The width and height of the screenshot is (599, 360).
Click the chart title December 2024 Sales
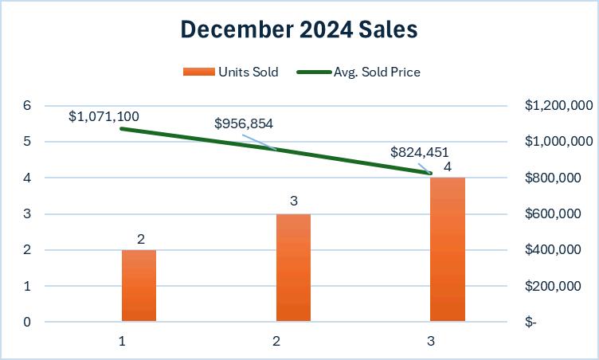click(x=299, y=29)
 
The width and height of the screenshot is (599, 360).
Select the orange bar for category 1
click(x=139, y=285)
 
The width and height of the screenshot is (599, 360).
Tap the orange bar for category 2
click(x=293, y=268)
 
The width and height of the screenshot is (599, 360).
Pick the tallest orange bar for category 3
click(x=448, y=249)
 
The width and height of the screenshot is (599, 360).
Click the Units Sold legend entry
click(x=231, y=72)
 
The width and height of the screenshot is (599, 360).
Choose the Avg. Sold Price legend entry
click(x=358, y=72)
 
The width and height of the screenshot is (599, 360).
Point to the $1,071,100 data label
click(x=104, y=116)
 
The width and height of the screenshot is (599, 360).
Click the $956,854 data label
click(x=244, y=123)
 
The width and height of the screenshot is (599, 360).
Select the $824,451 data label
click(x=420, y=152)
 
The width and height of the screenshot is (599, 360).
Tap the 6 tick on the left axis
click(x=27, y=105)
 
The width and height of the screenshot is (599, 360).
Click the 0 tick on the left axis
click(x=27, y=322)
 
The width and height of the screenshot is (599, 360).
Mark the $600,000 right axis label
click(x=553, y=213)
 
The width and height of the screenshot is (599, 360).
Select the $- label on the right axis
click(x=530, y=322)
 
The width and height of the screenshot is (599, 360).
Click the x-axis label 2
click(x=276, y=341)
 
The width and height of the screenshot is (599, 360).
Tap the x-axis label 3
click(x=431, y=341)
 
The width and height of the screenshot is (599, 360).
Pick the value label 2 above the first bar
click(x=141, y=239)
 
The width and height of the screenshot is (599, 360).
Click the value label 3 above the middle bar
click(x=294, y=201)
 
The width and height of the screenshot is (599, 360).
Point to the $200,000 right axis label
click(x=553, y=285)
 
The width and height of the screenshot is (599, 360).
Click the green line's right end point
click(x=430, y=174)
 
